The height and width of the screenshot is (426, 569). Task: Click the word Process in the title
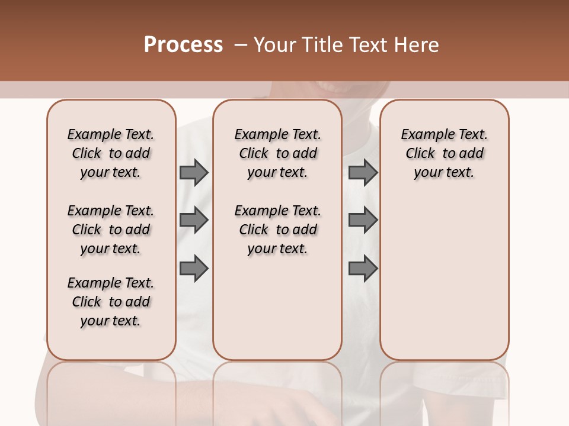(183, 45)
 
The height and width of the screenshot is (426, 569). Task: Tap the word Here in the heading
(418, 45)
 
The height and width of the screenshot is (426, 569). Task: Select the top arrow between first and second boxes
(194, 173)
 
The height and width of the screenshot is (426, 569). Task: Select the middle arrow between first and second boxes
(194, 221)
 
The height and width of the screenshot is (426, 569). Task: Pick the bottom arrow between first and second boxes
(194, 269)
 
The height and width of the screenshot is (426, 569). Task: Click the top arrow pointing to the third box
(363, 173)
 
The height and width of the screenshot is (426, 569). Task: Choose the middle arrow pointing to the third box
(363, 221)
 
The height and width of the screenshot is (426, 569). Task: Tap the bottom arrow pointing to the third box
(363, 269)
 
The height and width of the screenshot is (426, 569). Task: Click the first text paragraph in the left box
(111, 153)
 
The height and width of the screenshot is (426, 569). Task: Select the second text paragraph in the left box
(111, 230)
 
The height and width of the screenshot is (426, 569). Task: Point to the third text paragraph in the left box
(111, 302)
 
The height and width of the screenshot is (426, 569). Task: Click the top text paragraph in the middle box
(277, 153)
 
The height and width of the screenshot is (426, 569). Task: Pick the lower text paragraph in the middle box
(277, 230)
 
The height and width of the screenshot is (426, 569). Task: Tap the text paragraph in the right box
(444, 153)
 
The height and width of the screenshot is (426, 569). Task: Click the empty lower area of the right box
(444, 284)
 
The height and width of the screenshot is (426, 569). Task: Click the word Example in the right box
(424, 135)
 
